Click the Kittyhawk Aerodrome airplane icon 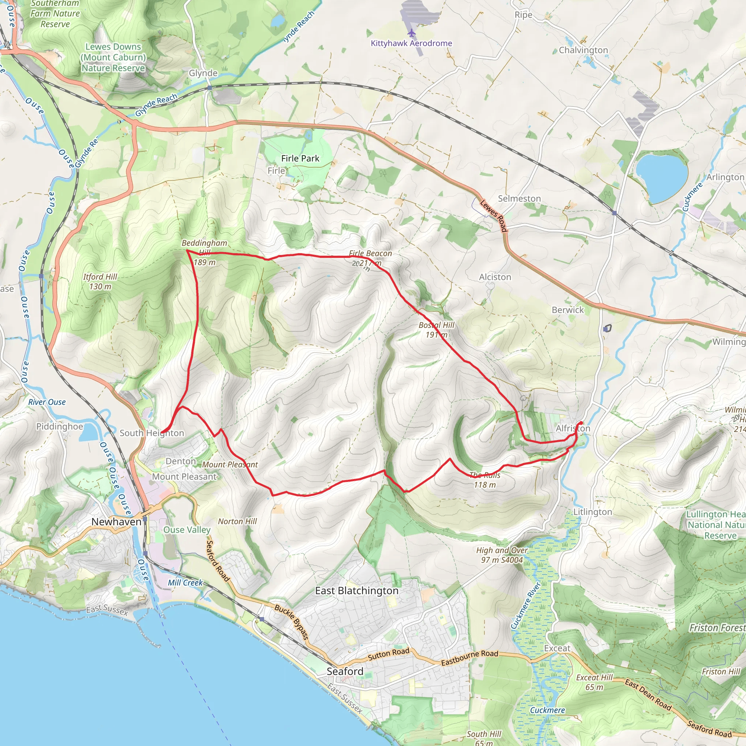[x=412, y=32]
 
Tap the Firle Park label [x=300, y=158]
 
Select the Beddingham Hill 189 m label [x=204, y=252]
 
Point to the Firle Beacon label [x=370, y=254]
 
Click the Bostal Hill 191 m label [x=436, y=330]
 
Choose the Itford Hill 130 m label [x=100, y=282]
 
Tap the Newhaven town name [x=116, y=522]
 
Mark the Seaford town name [x=345, y=671]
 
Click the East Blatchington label [x=356, y=591]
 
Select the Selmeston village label [x=519, y=199]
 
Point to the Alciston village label [x=495, y=277]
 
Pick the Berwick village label [x=568, y=310]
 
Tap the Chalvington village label [x=583, y=50]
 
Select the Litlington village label [x=592, y=512]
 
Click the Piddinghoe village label [x=59, y=426]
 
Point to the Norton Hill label [x=237, y=521]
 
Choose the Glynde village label [x=203, y=73]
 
